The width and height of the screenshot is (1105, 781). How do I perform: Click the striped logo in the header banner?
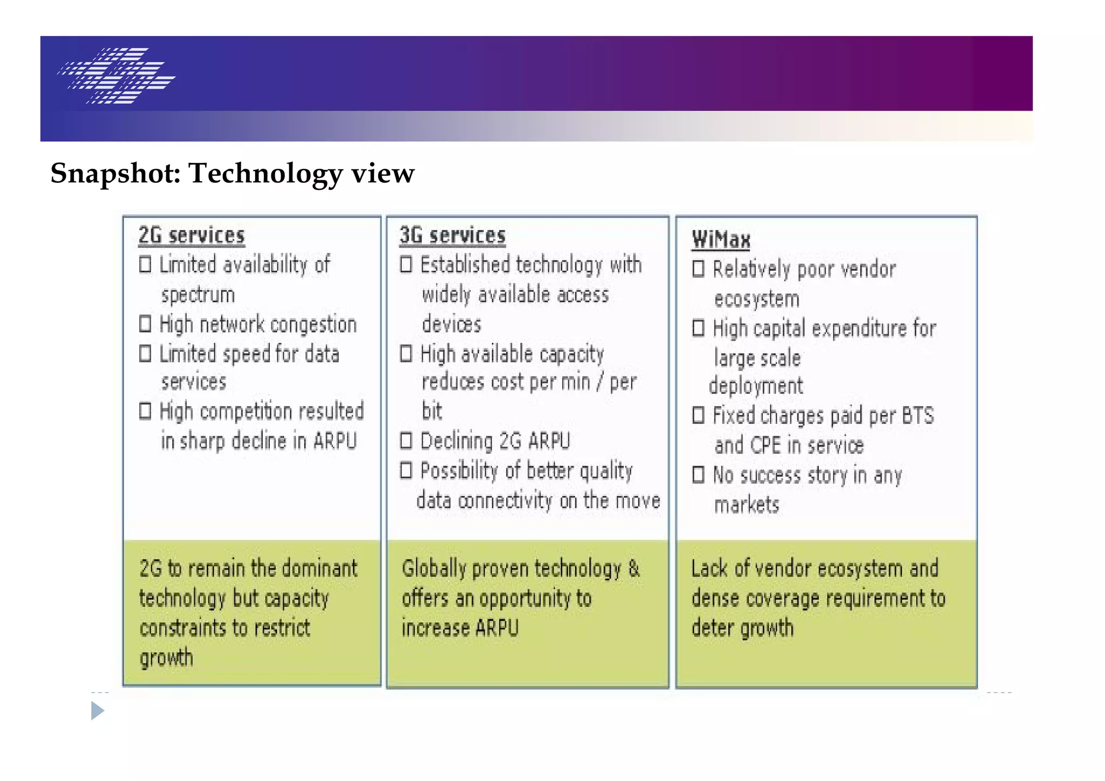pos(116,76)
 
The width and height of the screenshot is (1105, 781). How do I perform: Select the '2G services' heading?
pos(192,236)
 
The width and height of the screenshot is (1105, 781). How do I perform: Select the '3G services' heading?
pos(452,236)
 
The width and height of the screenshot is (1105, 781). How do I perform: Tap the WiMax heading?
pos(721,239)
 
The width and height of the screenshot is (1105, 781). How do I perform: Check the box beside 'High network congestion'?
pos(145,324)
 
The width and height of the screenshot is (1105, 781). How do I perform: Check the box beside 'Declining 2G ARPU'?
pos(406,441)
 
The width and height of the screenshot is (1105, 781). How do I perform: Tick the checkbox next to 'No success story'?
pos(698,475)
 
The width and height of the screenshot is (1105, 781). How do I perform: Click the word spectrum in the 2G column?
pos(198,295)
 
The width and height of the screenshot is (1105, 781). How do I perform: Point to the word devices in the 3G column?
pos(452,324)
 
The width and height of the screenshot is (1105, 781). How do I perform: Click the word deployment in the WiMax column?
pos(755,386)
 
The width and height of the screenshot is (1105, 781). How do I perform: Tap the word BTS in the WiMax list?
pos(917,416)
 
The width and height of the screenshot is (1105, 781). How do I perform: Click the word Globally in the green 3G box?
pos(434,569)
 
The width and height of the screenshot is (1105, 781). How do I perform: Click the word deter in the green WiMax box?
pos(712,628)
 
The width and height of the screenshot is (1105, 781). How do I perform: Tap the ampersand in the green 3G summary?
pos(634,568)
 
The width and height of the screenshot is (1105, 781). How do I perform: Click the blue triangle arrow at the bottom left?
pos(97,711)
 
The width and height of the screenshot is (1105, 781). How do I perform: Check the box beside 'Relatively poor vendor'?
pos(698,269)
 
